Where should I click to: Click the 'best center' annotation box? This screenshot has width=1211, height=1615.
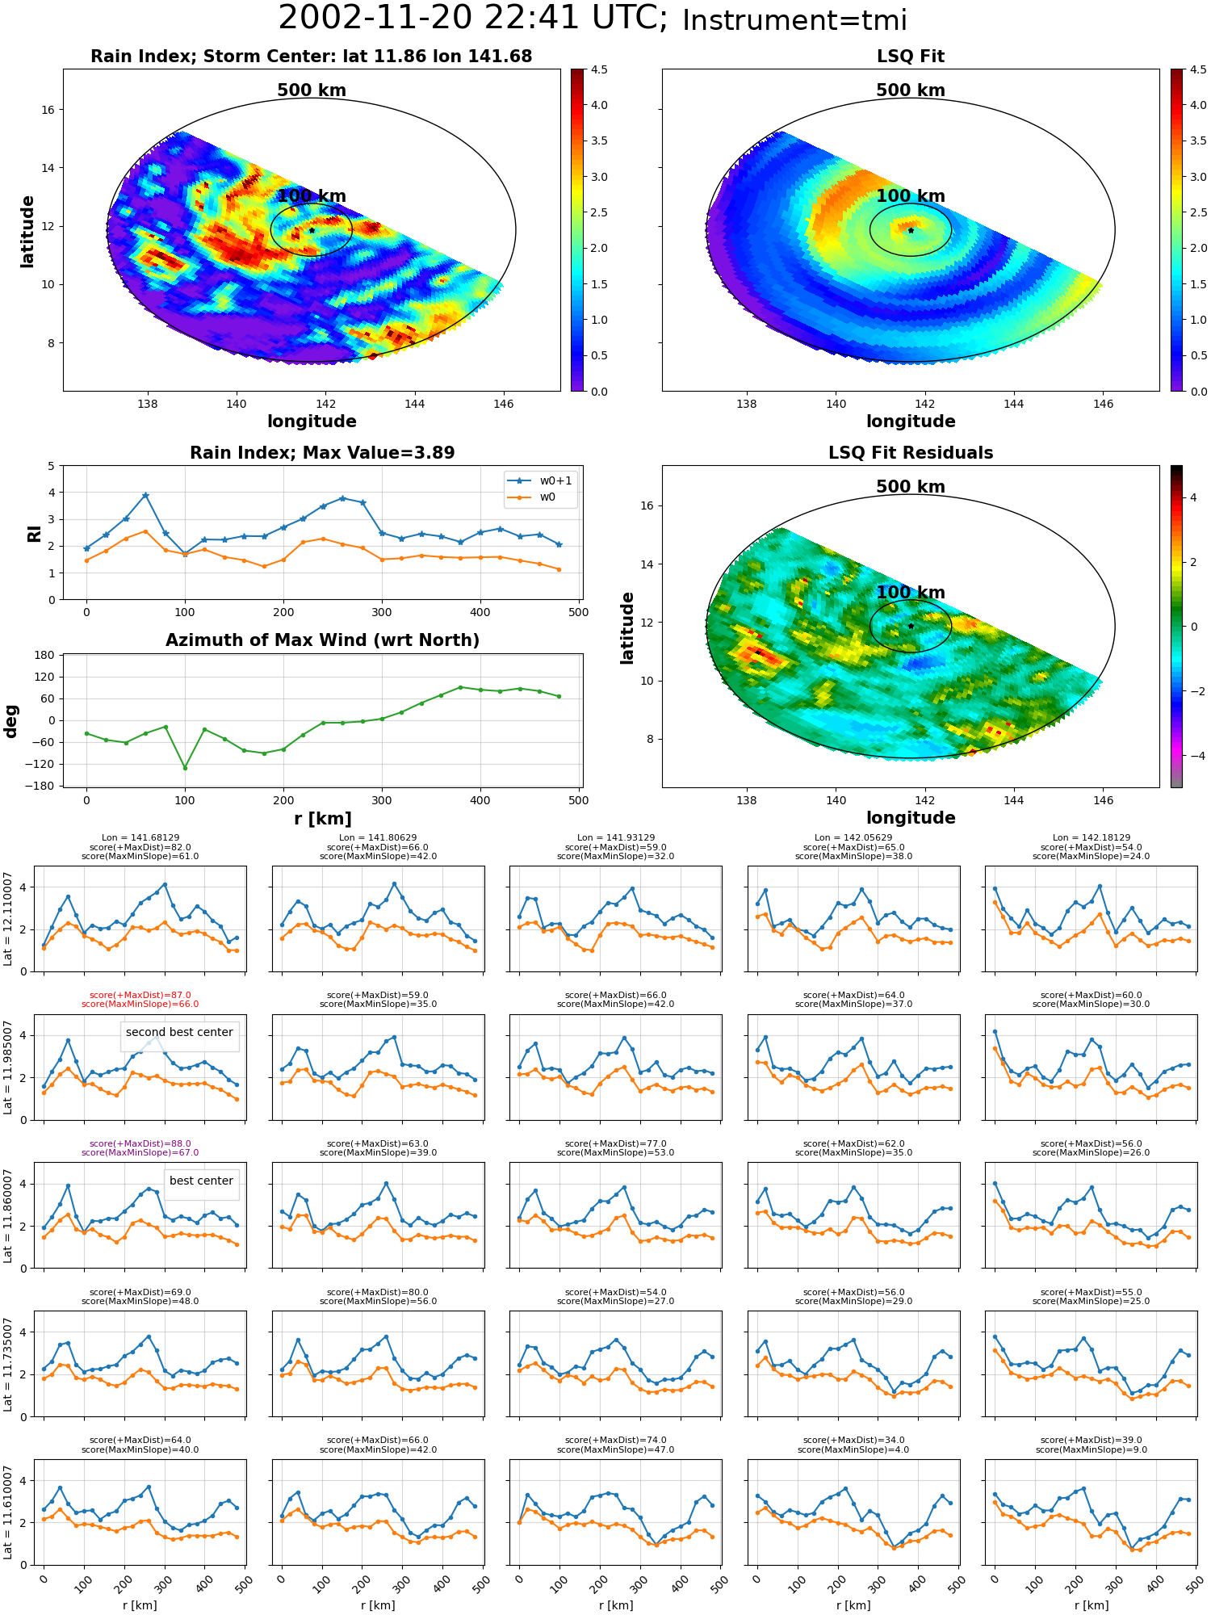coord(201,1181)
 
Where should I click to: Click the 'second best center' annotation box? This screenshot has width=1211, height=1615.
coord(179,1032)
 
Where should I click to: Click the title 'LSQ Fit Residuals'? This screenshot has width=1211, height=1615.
coord(911,453)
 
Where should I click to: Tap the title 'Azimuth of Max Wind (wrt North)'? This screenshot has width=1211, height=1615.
coord(322,640)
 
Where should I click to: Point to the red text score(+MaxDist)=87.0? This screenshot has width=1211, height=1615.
coord(140,996)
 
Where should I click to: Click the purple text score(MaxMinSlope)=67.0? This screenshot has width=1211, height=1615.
coord(140,1153)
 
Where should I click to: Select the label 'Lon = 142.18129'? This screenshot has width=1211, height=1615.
coord(1092,838)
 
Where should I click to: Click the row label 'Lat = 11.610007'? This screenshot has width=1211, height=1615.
coord(8,1512)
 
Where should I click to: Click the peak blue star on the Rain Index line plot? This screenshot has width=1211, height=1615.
coord(145,495)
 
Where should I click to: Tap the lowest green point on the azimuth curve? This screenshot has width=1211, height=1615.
coord(185,767)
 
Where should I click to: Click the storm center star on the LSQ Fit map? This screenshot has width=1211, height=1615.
coord(911,230)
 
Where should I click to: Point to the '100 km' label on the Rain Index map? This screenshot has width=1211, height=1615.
coord(312,196)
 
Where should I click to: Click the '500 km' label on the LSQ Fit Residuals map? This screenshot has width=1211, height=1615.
coord(911,487)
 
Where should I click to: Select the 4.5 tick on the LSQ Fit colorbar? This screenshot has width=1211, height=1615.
coord(1199,69)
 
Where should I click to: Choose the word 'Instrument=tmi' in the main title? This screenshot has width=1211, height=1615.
coord(794,20)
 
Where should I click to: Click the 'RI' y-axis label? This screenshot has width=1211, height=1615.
coord(34,533)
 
